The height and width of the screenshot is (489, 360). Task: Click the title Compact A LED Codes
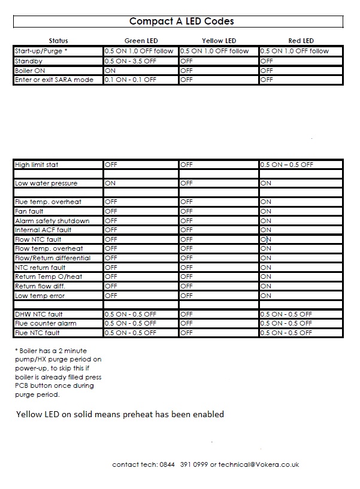pyautogui.click(x=181, y=22)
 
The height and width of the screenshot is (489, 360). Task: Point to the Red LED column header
pyautogui.click(x=301, y=41)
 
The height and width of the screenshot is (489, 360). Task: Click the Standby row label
pyautogui.click(x=29, y=61)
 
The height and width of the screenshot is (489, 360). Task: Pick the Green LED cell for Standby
pyautogui.click(x=130, y=61)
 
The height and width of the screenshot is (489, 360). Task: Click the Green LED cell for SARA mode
pyautogui.click(x=130, y=80)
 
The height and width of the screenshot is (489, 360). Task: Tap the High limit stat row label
pyautogui.click(x=37, y=165)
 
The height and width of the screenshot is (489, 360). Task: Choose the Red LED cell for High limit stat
pyautogui.click(x=286, y=165)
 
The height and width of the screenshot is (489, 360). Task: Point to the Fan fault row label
pyautogui.click(x=29, y=211)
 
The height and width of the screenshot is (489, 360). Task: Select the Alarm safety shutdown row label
pyautogui.click(x=52, y=221)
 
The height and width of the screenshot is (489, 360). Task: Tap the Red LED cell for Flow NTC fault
pyautogui.click(x=266, y=239)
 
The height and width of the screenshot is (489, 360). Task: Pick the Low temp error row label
pyautogui.click(x=40, y=296)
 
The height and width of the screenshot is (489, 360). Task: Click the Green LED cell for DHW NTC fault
pyautogui.click(x=130, y=314)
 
